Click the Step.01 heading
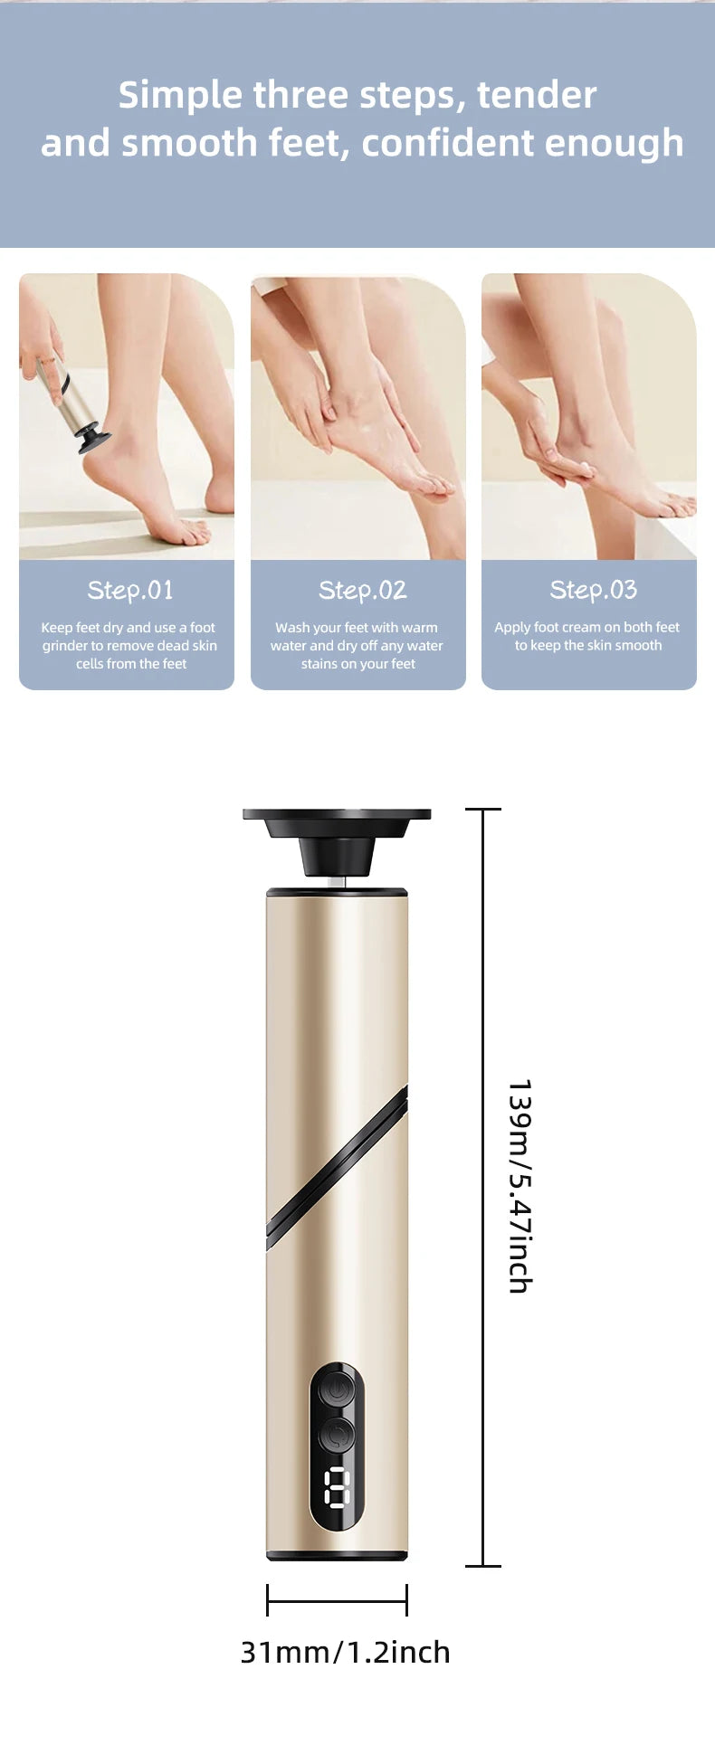[130, 591]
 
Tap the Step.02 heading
[362, 591]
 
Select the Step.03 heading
[594, 591]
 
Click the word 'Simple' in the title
[181, 96]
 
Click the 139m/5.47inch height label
[520, 1186]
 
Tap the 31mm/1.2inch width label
[345, 1652]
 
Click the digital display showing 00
[337, 1488]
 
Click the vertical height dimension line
[483, 1187]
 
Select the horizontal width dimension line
[337, 1600]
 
